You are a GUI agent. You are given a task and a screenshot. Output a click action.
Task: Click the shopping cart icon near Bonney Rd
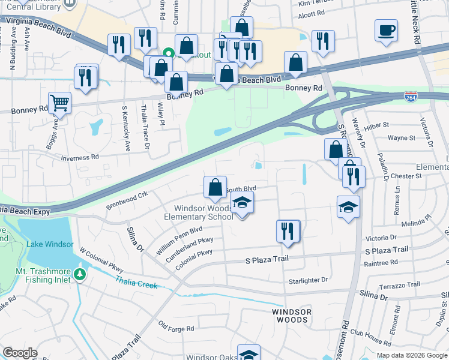pyautogui.click(x=59, y=103)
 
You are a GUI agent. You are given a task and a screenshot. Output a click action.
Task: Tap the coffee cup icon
pyautogui.click(x=386, y=29)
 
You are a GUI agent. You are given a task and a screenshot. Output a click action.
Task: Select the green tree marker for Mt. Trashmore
pyautogui.click(x=80, y=274)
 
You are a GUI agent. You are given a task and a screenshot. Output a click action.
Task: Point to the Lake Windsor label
pyautogui.click(x=50, y=244)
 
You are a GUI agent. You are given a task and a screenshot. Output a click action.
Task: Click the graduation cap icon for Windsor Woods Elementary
pyautogui.click(x=242, y=202)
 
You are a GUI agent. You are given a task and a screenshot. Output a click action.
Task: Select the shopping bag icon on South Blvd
pyautogui.click(x=215, y=187)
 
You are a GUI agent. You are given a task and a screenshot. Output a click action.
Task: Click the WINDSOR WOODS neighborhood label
pyautogui.click(x=292, y=316)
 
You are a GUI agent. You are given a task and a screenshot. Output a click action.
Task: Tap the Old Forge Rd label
pyautogui.click(x=176, y=328)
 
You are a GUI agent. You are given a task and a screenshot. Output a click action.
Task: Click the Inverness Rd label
pyautogui.click(x=80, y=157)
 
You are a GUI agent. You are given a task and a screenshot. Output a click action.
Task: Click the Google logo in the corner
pyautogui.click(x=20, y=353)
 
